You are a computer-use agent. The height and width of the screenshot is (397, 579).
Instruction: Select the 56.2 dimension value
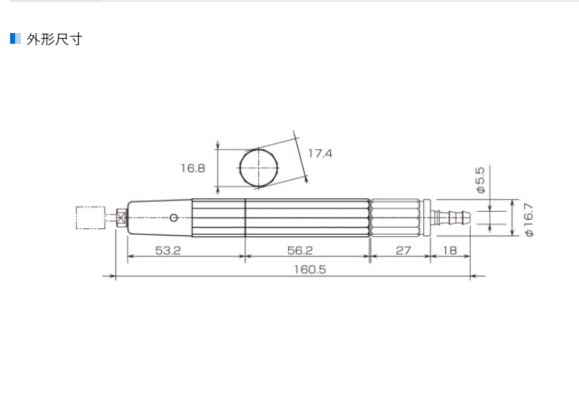300,251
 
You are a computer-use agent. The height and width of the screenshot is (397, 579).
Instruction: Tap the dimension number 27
403,251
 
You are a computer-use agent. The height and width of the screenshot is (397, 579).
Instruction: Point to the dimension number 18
450,251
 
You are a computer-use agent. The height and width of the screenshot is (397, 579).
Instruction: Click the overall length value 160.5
309,269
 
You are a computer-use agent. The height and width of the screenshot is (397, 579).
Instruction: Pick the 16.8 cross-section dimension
192,168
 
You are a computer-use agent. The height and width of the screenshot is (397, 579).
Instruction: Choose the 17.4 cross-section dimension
320,153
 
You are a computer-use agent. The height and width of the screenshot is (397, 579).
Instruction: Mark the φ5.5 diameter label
481,180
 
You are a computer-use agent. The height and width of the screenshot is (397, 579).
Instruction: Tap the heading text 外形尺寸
54,39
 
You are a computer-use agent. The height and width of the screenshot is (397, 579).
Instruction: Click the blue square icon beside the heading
15,38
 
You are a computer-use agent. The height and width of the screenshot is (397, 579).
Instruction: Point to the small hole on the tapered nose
174,217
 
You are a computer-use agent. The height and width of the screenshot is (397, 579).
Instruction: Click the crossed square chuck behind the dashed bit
121,217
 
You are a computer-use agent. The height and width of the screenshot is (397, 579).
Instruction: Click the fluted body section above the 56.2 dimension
307,217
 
